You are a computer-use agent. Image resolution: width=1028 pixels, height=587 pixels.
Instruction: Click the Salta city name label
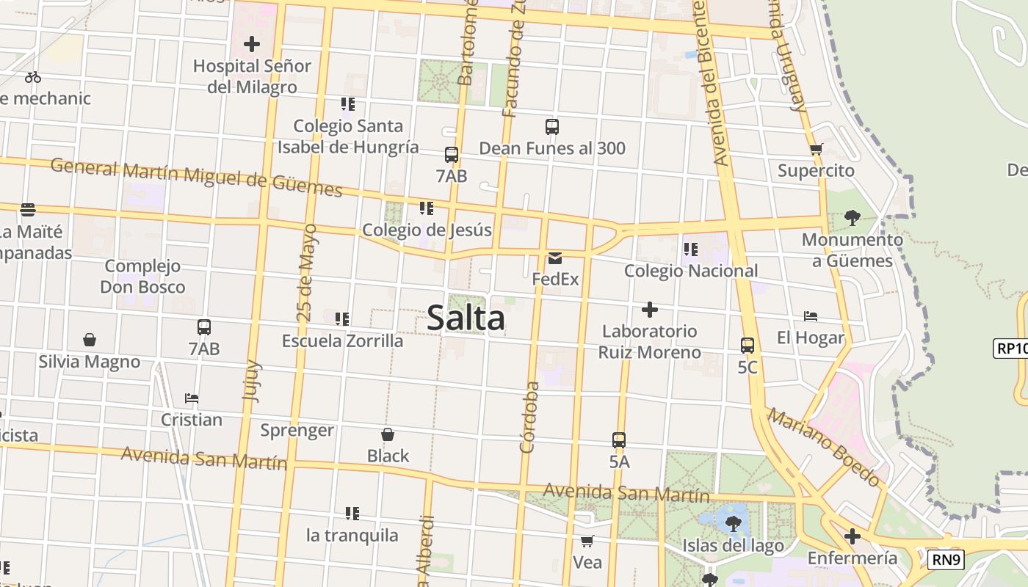(466, 318)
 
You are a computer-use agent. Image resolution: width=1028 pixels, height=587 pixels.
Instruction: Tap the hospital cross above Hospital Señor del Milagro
(252, 44)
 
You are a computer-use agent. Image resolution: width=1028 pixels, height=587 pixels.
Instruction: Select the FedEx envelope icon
(555, 258)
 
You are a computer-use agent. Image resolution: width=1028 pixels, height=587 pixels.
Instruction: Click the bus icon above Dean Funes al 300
(552, 126)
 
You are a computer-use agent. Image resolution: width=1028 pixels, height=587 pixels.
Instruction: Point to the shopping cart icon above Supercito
(816, 150)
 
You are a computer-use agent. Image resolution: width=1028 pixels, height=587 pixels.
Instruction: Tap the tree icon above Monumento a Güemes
(852, 217)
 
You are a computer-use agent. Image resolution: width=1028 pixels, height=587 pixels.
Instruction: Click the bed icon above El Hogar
(811, 316)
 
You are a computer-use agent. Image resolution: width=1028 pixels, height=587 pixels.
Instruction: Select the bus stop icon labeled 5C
(748, 345)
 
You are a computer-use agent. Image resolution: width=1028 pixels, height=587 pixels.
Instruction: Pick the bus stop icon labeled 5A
(619, 440)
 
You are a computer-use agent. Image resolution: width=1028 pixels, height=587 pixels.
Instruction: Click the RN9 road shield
(945, 560)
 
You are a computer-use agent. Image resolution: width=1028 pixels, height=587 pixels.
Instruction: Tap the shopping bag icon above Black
(388, 434)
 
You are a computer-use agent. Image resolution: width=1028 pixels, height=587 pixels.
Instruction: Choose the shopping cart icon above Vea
(587, 542)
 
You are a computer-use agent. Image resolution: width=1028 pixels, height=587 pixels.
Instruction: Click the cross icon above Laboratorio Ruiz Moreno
(649, 309)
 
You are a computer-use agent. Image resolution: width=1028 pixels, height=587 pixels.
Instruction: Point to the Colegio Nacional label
(691, 271)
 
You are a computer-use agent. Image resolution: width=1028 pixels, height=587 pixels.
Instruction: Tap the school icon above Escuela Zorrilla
(342, 319)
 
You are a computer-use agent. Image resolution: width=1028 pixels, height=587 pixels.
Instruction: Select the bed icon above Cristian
(192, 398)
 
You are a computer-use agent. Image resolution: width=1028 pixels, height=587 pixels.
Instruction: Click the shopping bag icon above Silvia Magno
(90, 340)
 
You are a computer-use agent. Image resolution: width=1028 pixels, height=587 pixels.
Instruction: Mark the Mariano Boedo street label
(824, 448)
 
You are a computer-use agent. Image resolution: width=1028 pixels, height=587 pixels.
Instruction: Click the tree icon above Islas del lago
(733, 523)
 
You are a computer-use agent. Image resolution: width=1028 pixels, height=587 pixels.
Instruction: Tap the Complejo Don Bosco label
(142, 276)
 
